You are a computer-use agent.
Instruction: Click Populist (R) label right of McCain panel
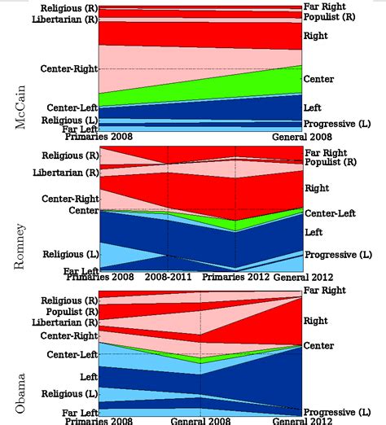coord(329,16)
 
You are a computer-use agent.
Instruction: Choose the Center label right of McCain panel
coord(318,79)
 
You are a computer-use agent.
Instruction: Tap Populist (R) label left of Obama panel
coord(72,312)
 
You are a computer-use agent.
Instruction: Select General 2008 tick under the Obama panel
coord(200,421)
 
